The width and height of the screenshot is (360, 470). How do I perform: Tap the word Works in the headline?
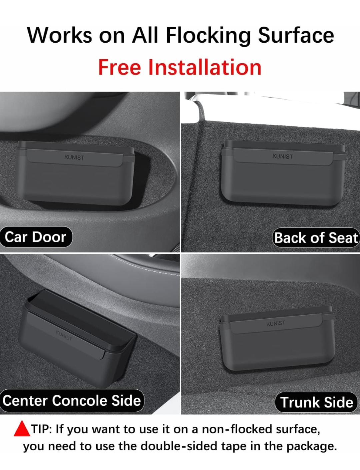click(59, 35)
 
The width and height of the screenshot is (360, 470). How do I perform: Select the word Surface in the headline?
click(296, 35)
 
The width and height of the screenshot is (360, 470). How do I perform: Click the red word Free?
click(120, 67)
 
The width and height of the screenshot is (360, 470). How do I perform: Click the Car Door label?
click(36, 237)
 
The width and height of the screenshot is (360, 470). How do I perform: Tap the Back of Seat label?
click(316, 238)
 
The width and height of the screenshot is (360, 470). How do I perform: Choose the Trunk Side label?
click(316, 402)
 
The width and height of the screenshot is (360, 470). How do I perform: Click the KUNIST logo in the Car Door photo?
click(74, 157)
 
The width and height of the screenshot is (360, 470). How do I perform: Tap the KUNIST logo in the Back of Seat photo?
click(282, 156)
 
